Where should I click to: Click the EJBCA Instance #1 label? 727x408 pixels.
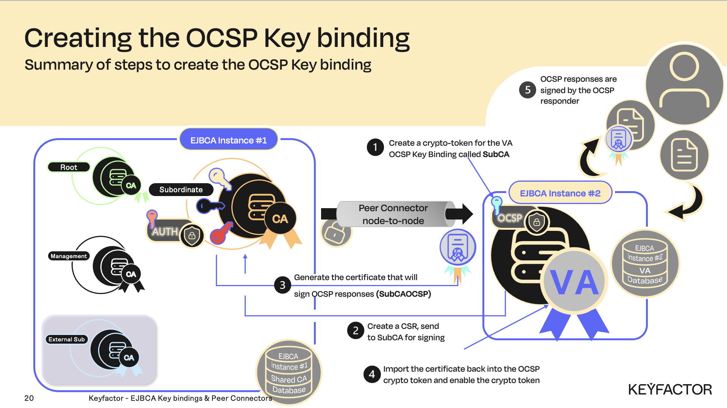(x=228, y=140)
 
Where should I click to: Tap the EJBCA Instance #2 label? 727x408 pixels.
(x=560, y=193)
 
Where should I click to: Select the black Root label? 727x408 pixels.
(x=69, y=167)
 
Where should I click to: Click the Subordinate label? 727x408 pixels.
(x=181, y=190)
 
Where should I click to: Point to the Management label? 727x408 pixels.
(x=69, y=256)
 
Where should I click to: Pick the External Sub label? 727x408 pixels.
(x=67, y=339)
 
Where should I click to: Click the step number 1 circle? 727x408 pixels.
(x=375, y=147)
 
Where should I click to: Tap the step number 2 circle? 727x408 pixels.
(x=356, y=331)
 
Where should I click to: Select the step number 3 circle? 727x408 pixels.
(x=282, y=285)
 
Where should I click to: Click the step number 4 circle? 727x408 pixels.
(x=372, y=374)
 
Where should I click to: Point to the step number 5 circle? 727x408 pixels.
(x=527, y=90)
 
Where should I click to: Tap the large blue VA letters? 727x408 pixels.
(x=574, y=283)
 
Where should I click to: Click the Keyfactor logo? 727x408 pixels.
(x=670, y=389)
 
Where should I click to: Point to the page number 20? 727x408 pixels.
(x=29, y=398)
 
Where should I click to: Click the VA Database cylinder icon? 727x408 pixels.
(x=645, y=263)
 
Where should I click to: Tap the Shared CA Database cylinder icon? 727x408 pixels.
(x=289, y=372)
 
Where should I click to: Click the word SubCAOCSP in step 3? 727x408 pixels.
(x=404, y=294)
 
